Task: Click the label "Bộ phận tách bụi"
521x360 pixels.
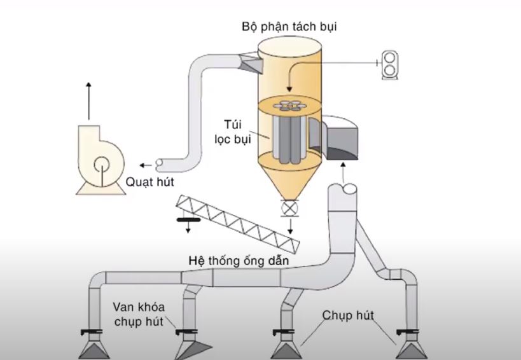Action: coord(289,27)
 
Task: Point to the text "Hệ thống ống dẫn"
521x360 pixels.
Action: coord(239,261)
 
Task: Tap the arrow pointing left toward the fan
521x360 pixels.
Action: coord(146,162)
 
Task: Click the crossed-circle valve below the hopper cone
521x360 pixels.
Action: coord(289,207)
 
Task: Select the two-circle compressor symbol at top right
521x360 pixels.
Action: coord(389,65)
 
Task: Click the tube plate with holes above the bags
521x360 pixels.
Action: coord(290,105)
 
